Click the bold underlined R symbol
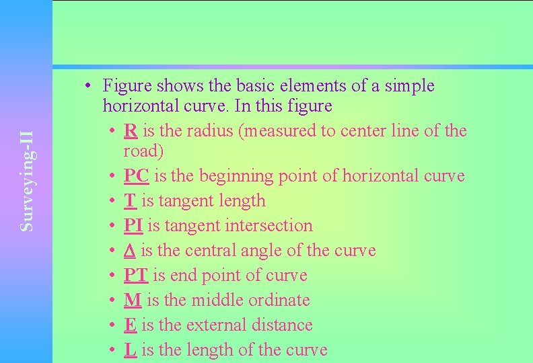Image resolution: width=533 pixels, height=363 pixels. coord(131,130)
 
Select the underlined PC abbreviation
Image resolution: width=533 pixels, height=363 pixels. coord(137,176)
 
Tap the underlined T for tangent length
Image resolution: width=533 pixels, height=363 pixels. coord(130,201)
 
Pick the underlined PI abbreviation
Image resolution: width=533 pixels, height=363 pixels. coord(133,226)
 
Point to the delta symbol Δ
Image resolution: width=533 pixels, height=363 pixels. coord(130,251)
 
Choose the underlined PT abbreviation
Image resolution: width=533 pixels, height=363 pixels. coord(137,276)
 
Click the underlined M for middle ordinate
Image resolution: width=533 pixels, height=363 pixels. coord(132,300)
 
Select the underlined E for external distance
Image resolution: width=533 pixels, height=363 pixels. coord(131,325)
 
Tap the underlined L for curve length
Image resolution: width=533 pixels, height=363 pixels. coord(131,350)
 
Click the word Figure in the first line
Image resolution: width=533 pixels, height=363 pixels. coord(127,86)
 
